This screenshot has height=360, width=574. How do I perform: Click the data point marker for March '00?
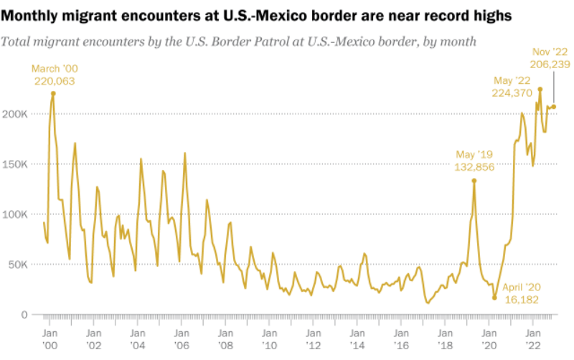pyautogui.click(x=53, y=93)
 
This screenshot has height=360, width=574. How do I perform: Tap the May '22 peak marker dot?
pyautogui.click(x=540, y=90)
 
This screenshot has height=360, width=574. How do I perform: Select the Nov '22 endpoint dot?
pyautogui.click(x=553, y=107)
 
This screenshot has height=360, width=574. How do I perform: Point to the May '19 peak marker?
pyautogui.click(x=474, y=181)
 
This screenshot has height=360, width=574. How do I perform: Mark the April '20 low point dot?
pyautogui.click(x=494, y=298)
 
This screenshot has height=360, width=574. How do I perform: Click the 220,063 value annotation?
pyautogui.click(x=55, y=81)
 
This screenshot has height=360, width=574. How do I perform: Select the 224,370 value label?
pyautogui.click(x=512, y=93)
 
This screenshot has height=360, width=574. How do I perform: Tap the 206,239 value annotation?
pyautogui.click(x=551, y=65)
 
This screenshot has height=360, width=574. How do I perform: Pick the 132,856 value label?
pyautogui.click(x=474, y=167)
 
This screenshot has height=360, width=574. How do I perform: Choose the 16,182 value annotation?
pyautogui.click(x=522, y=298)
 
